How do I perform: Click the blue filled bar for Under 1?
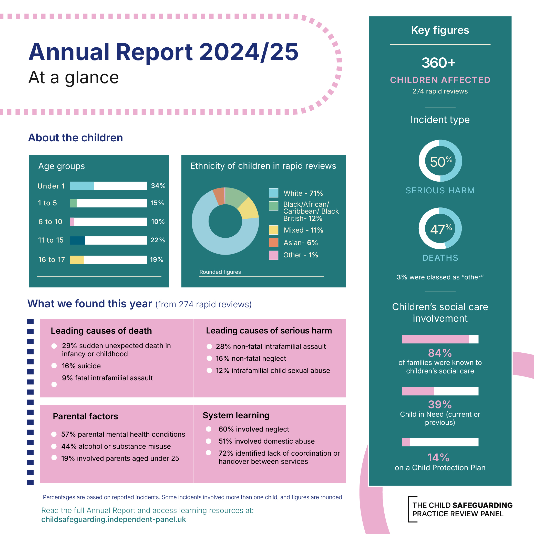click(81, 186)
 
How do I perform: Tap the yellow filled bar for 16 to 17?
click(77, 259)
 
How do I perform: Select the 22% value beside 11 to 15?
click(158, 240)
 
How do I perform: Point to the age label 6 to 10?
click(50, 222)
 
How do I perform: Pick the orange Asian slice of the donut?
click(219, 196)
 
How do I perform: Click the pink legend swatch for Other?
click(273, 255)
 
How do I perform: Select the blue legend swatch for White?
click(273, 193)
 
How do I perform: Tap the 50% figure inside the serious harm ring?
click(440, 162)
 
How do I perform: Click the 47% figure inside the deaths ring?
click(440, 229)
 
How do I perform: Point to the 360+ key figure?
click(438, 63)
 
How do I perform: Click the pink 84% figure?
click(440, 353)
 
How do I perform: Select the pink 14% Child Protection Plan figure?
click(438, 457)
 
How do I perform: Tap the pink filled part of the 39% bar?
click(418, 391)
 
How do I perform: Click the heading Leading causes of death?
click(101, 331)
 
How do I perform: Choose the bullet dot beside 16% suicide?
click(54, 366)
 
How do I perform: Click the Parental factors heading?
click(85, 416)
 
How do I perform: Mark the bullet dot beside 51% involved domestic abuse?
click(209, 441)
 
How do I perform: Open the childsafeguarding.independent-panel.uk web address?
click(113, 520)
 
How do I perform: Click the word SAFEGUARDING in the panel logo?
click(482, 505)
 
